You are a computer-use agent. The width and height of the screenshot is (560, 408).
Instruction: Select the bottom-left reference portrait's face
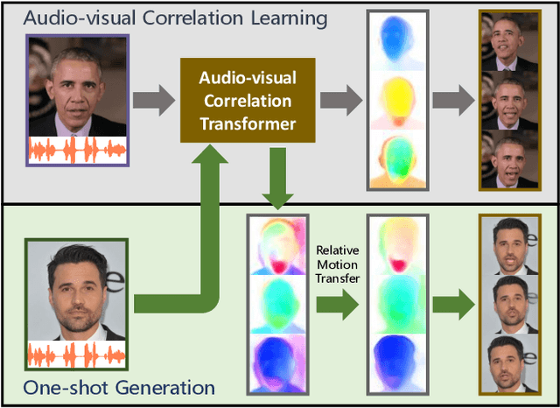click(79, 282)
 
